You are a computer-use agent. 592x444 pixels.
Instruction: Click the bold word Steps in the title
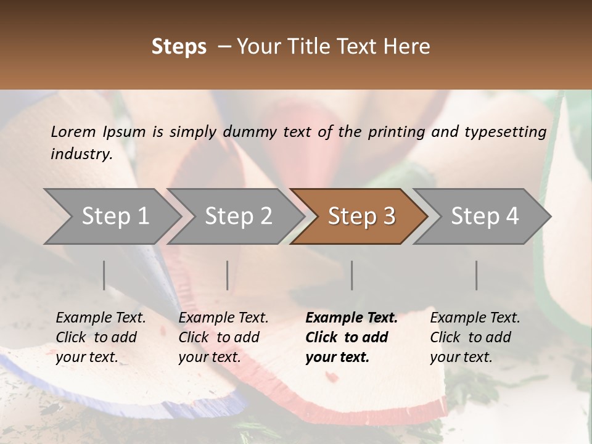[x=179, y=47]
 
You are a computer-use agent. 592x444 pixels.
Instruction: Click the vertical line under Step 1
[x=104, y=275]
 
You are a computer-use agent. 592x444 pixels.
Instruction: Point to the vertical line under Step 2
[x=228, y=275]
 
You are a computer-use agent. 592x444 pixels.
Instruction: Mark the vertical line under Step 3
[x=352, y=275]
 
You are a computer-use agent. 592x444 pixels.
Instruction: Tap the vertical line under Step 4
[x=476, y=275]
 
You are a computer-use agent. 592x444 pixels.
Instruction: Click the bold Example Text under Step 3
[x=351, y=318]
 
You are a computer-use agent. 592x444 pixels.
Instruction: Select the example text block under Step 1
[x=101, y=337]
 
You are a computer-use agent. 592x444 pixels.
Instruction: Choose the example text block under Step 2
[x=223, y=337]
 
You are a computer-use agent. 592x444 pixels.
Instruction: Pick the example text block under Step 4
[x=475, y=337]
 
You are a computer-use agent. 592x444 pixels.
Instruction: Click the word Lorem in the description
[x=73, y=131]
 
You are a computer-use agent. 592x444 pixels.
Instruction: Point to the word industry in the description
[x=81, y=154]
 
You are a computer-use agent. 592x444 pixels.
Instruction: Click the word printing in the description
[x=395, y=131]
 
